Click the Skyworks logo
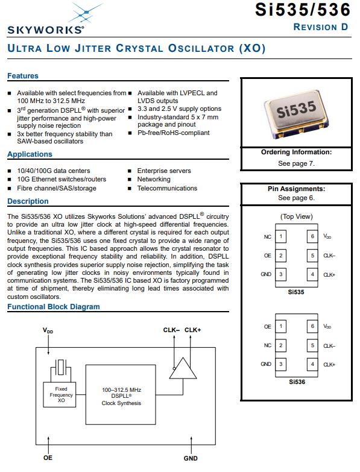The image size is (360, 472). point(46,19)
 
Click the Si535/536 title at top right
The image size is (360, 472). point(303,10)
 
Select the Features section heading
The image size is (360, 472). point(23,75)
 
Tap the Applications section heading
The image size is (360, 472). point(30,154)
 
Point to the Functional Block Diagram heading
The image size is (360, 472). point(54,307)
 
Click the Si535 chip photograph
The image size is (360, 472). point(296,114)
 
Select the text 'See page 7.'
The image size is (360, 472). point(296,163)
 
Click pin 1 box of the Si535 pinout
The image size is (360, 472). point(280,236)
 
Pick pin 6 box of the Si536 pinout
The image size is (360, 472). point(312,326)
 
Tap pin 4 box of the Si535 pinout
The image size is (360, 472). point(312,274)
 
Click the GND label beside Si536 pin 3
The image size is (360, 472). point(266,364)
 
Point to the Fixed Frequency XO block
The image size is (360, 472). point(60,395)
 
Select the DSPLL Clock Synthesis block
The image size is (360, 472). point(121,395)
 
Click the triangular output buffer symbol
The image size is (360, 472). point(183,368)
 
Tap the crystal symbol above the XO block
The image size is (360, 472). point(61,367)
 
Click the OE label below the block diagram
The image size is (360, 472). point(48,458)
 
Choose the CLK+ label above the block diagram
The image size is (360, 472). point(192,330)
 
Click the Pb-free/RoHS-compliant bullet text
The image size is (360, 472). point(174,133)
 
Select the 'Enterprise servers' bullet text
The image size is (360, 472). point(164,171)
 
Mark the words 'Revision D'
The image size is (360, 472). point(321,27)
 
